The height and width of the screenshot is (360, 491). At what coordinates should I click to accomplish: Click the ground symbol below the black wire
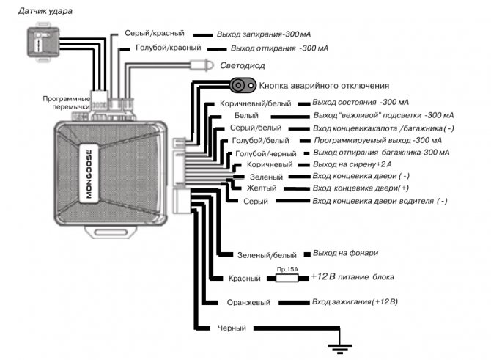(x=340, y=348)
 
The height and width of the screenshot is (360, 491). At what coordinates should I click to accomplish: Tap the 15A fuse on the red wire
(x=287, y=278)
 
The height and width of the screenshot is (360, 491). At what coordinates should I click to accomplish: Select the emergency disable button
(x=243, y=85)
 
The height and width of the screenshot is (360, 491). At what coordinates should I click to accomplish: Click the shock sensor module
(x=43, y=42)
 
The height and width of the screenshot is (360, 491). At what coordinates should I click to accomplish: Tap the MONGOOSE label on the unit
(x=89, y=175)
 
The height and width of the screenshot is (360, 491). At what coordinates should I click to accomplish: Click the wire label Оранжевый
(x=248, y=303)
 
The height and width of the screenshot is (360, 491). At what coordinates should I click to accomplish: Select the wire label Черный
(x=232, y=328)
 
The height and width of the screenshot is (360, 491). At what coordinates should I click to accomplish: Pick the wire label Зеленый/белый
(x=267, y=255)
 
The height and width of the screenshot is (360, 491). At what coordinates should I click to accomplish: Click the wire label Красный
(x=245, y=278)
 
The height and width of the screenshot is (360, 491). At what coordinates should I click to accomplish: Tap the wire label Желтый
(x=262, y=188)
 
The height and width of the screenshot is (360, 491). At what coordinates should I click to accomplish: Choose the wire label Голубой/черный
(x=266, y=153)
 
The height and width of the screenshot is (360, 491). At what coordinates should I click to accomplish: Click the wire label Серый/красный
(x=155, y=33)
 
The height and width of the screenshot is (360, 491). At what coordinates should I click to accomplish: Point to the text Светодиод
(x=243, y=65)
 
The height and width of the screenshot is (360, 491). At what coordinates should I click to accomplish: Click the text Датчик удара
(x=45, y=11)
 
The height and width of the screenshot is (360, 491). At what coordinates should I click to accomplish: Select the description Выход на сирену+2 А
(x=352, y=164)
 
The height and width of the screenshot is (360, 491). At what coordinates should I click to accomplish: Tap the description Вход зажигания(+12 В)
(x=355, y=302)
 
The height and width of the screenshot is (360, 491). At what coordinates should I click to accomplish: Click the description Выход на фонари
(x=346, y=253)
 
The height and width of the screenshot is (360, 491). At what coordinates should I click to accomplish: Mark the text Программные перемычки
(x=67, y=103)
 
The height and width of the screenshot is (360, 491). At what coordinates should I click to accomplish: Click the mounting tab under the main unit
(x=111, y=232)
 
